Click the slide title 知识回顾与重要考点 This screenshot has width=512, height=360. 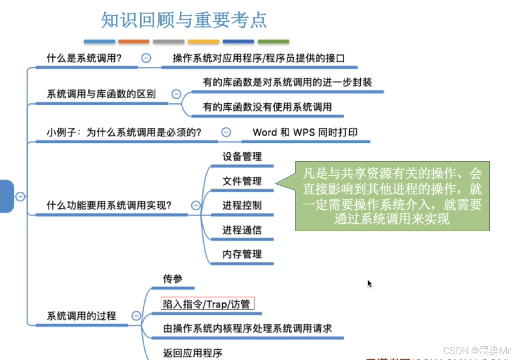pyautogui.click(x=184, y=20)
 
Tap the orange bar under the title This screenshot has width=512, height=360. pyautogui.click(x=134, y=42)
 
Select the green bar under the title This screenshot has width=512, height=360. pyautogui.click(x=274, y=42)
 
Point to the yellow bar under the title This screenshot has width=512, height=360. pyautogui.click(x=203, y=42)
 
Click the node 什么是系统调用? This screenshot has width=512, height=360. pyautogui.click(x=84, y=58)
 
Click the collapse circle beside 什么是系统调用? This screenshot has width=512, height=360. pyautogui.click(x=146, y=58)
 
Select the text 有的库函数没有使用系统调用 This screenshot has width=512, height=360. pyautogui.click(x=267, y=107)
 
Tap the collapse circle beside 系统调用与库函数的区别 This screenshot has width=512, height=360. pyautogui.click(x=176, y=94)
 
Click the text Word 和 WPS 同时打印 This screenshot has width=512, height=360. pyautogui.click(x=305, y=132)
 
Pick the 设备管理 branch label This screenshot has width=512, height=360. pyautogui.click(x=242, y=157)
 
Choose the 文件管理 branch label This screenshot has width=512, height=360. pyautogui.click(x=242, y=181)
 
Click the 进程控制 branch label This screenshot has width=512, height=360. pyautogui.click(x=242, y=205)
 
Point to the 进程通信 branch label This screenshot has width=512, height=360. pyautogui.click(x=242, y=230)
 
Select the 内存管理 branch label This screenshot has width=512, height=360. pyautogui.click(x=242, y=254)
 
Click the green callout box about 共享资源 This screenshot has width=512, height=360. pyautogui.click(x=392, y=196)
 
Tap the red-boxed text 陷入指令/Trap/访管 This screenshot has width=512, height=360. pyautogui.click(x=207, y=304)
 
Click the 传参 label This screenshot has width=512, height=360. pyautogui.click(x=172, y=279)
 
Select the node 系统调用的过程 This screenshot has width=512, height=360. pyautogui.click(x=81, y=316)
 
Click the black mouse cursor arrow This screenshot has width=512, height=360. pyautogui.click(x=370, y=284)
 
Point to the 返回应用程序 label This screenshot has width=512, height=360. pyautogui.click(x=193, y=353)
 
